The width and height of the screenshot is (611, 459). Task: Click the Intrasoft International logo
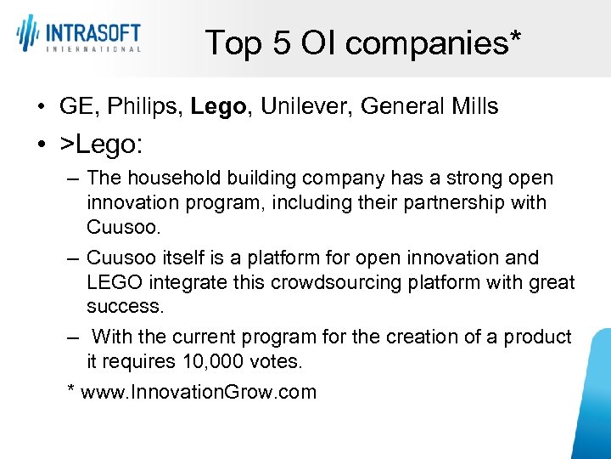(78, 35)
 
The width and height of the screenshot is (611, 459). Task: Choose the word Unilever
(306, 106)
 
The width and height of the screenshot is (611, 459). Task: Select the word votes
(277, 361)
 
